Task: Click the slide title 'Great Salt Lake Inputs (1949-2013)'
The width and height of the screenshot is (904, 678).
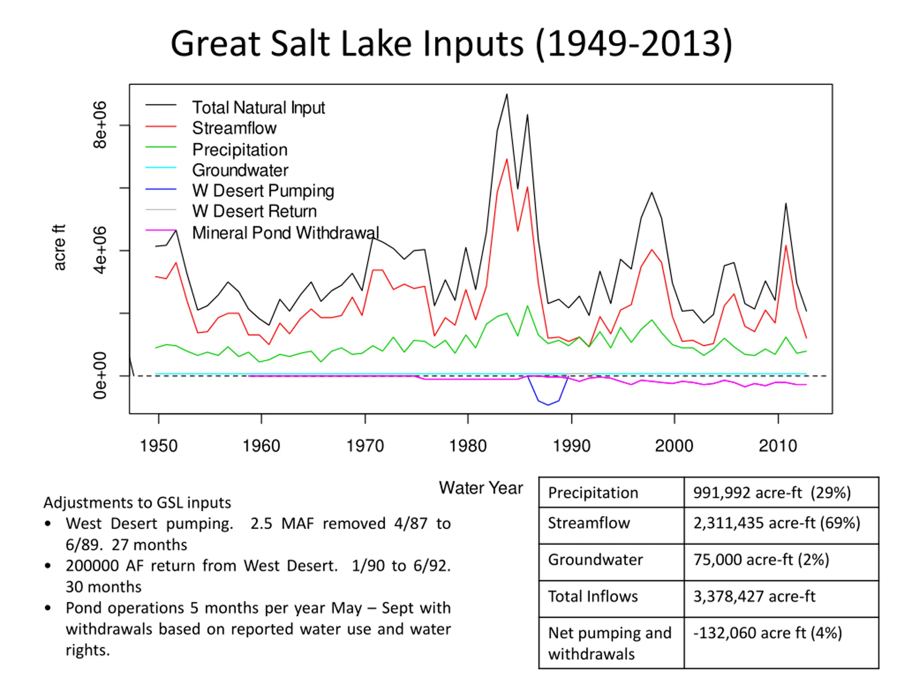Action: (x=452, y=44)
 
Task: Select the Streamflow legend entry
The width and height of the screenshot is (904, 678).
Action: (x=234, y=128)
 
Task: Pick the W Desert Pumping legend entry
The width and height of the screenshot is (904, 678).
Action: (x=263, y=191)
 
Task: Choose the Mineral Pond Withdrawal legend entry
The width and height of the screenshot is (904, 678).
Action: (x=285, y=233)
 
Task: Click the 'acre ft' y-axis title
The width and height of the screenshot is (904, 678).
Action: (x=60, y=247)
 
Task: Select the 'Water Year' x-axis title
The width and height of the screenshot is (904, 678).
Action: (x=481, y=488)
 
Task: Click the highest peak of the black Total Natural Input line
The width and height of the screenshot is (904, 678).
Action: (x=507, y=95)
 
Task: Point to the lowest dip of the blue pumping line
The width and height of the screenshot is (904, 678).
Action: (x=548, y=405)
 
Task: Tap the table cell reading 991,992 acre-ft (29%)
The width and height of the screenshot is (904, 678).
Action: (x=772, y=493)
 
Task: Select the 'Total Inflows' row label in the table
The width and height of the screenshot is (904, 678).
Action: (x=593, y=597)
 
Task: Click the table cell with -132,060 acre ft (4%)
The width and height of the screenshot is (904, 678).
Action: (x=767, y=633)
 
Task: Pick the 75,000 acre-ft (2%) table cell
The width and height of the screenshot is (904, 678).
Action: (x=761, y=560)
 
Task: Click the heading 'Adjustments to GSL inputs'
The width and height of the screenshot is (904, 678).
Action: (x=137, y=503)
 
